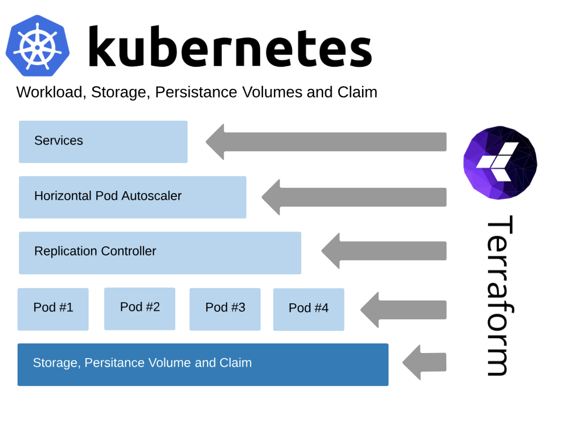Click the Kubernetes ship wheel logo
pos(37,46)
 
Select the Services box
pos(103,141)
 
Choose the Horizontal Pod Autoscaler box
pos(132,197)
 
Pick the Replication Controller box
pos(160,253)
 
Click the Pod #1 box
pos(53,309)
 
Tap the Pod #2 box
pos(140,309)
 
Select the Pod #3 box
pos(225,309)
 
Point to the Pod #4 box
pos(308,309)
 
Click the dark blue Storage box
pos(203,364)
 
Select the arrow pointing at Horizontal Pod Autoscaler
pos(354,197)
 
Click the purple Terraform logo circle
pos(500,162)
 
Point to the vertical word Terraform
pos(499,296)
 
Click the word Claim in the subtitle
pos(357,92)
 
